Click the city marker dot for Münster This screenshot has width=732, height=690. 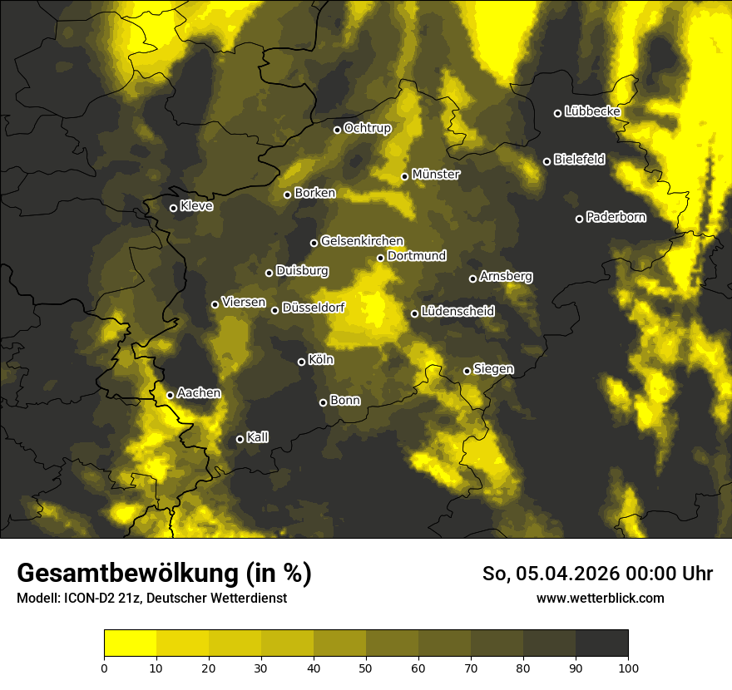[x=405, y=176]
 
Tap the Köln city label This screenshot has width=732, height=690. [x=320, y=360]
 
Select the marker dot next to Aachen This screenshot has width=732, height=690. [x=170, y=395]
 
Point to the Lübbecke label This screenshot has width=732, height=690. [x=592, y=111]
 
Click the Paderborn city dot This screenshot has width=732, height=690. [x=580, y=219]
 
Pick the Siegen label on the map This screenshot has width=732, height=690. [x=493, y=369]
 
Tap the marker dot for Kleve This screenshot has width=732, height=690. [x=173, y=208]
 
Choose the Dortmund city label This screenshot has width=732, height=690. [x=417, y=256]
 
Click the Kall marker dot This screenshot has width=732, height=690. [x=240, y=439]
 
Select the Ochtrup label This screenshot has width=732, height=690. [x=367, y=128]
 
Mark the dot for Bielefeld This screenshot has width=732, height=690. [x=547, y=161]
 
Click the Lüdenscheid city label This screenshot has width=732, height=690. [x=457, y=312]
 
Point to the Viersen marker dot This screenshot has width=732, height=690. [x=215, y=304]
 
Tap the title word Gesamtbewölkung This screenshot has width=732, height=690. [x=125, y=573]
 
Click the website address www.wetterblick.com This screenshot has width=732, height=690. [x=601, y=598]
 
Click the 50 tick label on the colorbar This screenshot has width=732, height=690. [x=366, y=667]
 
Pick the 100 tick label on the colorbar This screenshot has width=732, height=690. [x=628, y=667]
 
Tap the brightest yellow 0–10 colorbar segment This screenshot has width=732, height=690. [x=130, y=643]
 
